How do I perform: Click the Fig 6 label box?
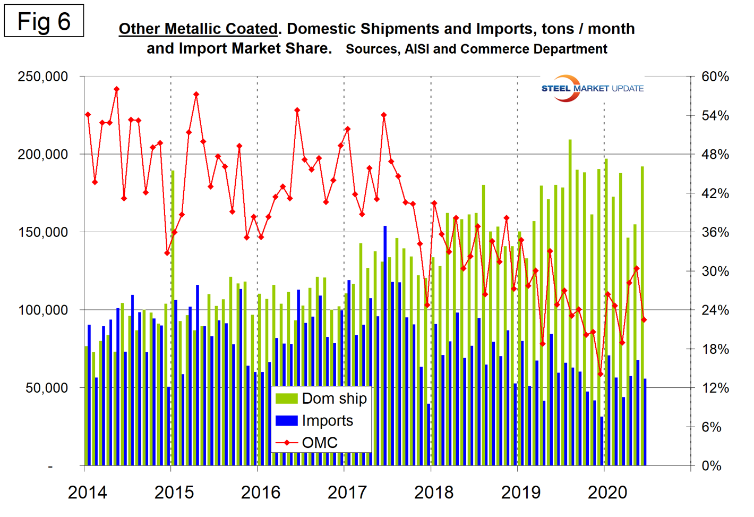coord(44,21)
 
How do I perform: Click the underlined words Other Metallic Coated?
coord(198,29)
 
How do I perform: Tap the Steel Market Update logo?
coord(592,88)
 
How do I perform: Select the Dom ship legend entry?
coord(321,399)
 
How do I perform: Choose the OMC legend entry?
coord(306,443)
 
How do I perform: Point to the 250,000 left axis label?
coord(43,77)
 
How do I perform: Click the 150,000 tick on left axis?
coord(43,232)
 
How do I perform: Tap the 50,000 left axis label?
coord(47,388)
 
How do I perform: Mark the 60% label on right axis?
coord(715,77)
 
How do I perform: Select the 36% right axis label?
coord(715,232)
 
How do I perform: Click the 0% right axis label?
coord(712,466)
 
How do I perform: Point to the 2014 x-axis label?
coord(87,493)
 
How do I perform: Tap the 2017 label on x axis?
coord(347,493)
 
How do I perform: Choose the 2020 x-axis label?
coord(607,493)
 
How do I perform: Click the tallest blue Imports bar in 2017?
coord(385,345)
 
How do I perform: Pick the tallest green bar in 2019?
coord(570,303)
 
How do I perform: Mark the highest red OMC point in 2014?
coord(117,89)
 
